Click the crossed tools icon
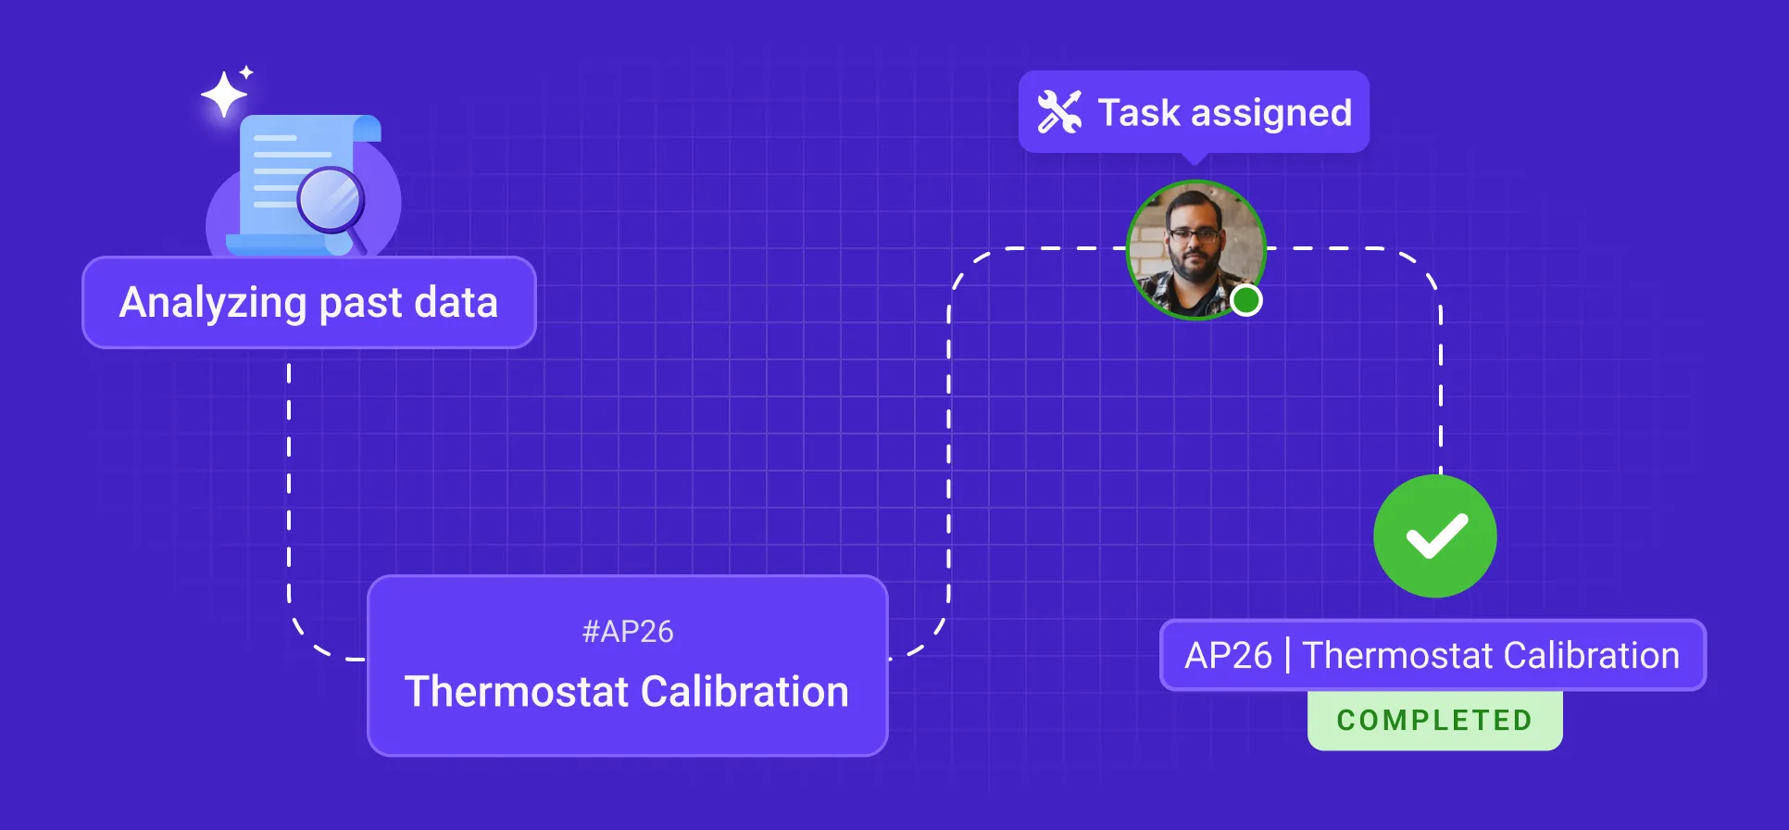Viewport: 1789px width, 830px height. (1059, 112)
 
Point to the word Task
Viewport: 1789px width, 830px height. (1139, 113)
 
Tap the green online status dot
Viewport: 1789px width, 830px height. (1246, 300)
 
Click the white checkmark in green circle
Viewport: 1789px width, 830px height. (1435, 536)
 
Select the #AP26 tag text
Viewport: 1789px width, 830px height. (628, 632)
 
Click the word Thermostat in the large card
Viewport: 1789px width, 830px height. (516, 692)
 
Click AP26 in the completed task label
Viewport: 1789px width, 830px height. (1228, 656)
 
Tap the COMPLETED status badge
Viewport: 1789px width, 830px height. (1434, 720)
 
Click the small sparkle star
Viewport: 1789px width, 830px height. (246, 72)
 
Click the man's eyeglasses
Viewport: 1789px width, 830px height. (1195, 235)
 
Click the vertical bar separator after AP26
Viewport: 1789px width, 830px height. (1287, 656)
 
